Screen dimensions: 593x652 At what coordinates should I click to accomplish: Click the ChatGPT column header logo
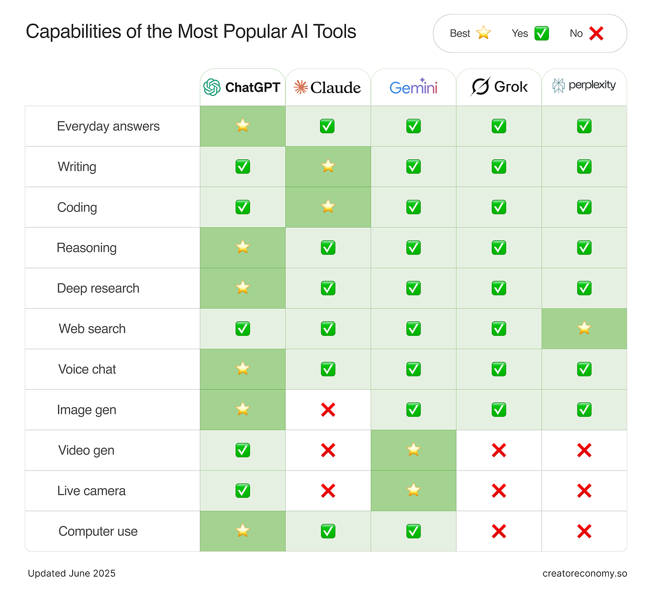point(212,87)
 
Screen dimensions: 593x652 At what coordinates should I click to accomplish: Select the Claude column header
point(327,87)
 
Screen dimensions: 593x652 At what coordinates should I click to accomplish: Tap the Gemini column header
point(413,87)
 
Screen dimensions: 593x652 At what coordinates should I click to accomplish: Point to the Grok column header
point(499,87)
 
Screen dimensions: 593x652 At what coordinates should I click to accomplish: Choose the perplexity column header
point(584,85)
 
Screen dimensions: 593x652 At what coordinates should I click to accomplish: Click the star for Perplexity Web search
point(584,328)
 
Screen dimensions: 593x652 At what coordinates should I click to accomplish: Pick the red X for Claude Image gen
point(328,410)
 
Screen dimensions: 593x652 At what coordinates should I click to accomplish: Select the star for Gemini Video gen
point(413,450)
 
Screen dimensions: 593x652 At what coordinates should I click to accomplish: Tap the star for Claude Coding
point(328,206)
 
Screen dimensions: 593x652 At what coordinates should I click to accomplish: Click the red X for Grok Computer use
point(499,531)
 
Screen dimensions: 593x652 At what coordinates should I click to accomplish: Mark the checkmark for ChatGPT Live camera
point(243,491)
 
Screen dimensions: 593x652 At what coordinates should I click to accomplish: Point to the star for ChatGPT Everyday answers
point(243,126)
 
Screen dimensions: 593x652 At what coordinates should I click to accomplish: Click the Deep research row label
point(98,288)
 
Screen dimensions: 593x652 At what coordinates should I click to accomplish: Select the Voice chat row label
point(87,369)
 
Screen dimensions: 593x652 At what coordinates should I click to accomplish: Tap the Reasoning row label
point(87,248)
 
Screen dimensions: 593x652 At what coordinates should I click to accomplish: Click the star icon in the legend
point(483,33)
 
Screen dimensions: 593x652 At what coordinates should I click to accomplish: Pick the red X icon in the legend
point(596,34)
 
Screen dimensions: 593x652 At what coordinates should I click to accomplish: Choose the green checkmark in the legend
point(541,34)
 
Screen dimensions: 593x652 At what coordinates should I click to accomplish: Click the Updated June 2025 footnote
point(72,573)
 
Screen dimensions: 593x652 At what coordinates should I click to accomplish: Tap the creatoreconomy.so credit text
point(584,573)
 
